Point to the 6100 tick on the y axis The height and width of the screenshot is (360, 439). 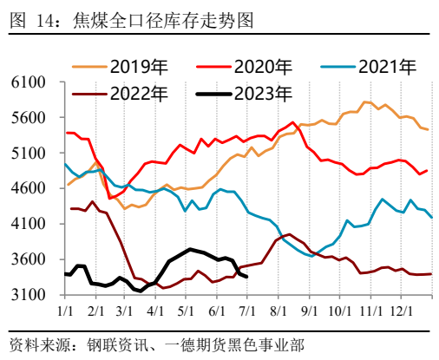click(29, 82)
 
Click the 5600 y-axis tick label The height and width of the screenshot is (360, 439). click(29, 118)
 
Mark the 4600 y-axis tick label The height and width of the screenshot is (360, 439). click(29, 188)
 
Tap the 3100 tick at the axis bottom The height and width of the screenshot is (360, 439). click(29, 295)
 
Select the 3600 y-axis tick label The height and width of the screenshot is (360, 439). click(29, 259)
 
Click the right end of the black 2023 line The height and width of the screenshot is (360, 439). click(247, 276)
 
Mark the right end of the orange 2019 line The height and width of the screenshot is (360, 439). click(428, 129)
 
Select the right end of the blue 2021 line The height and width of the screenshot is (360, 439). click(432, 218)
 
